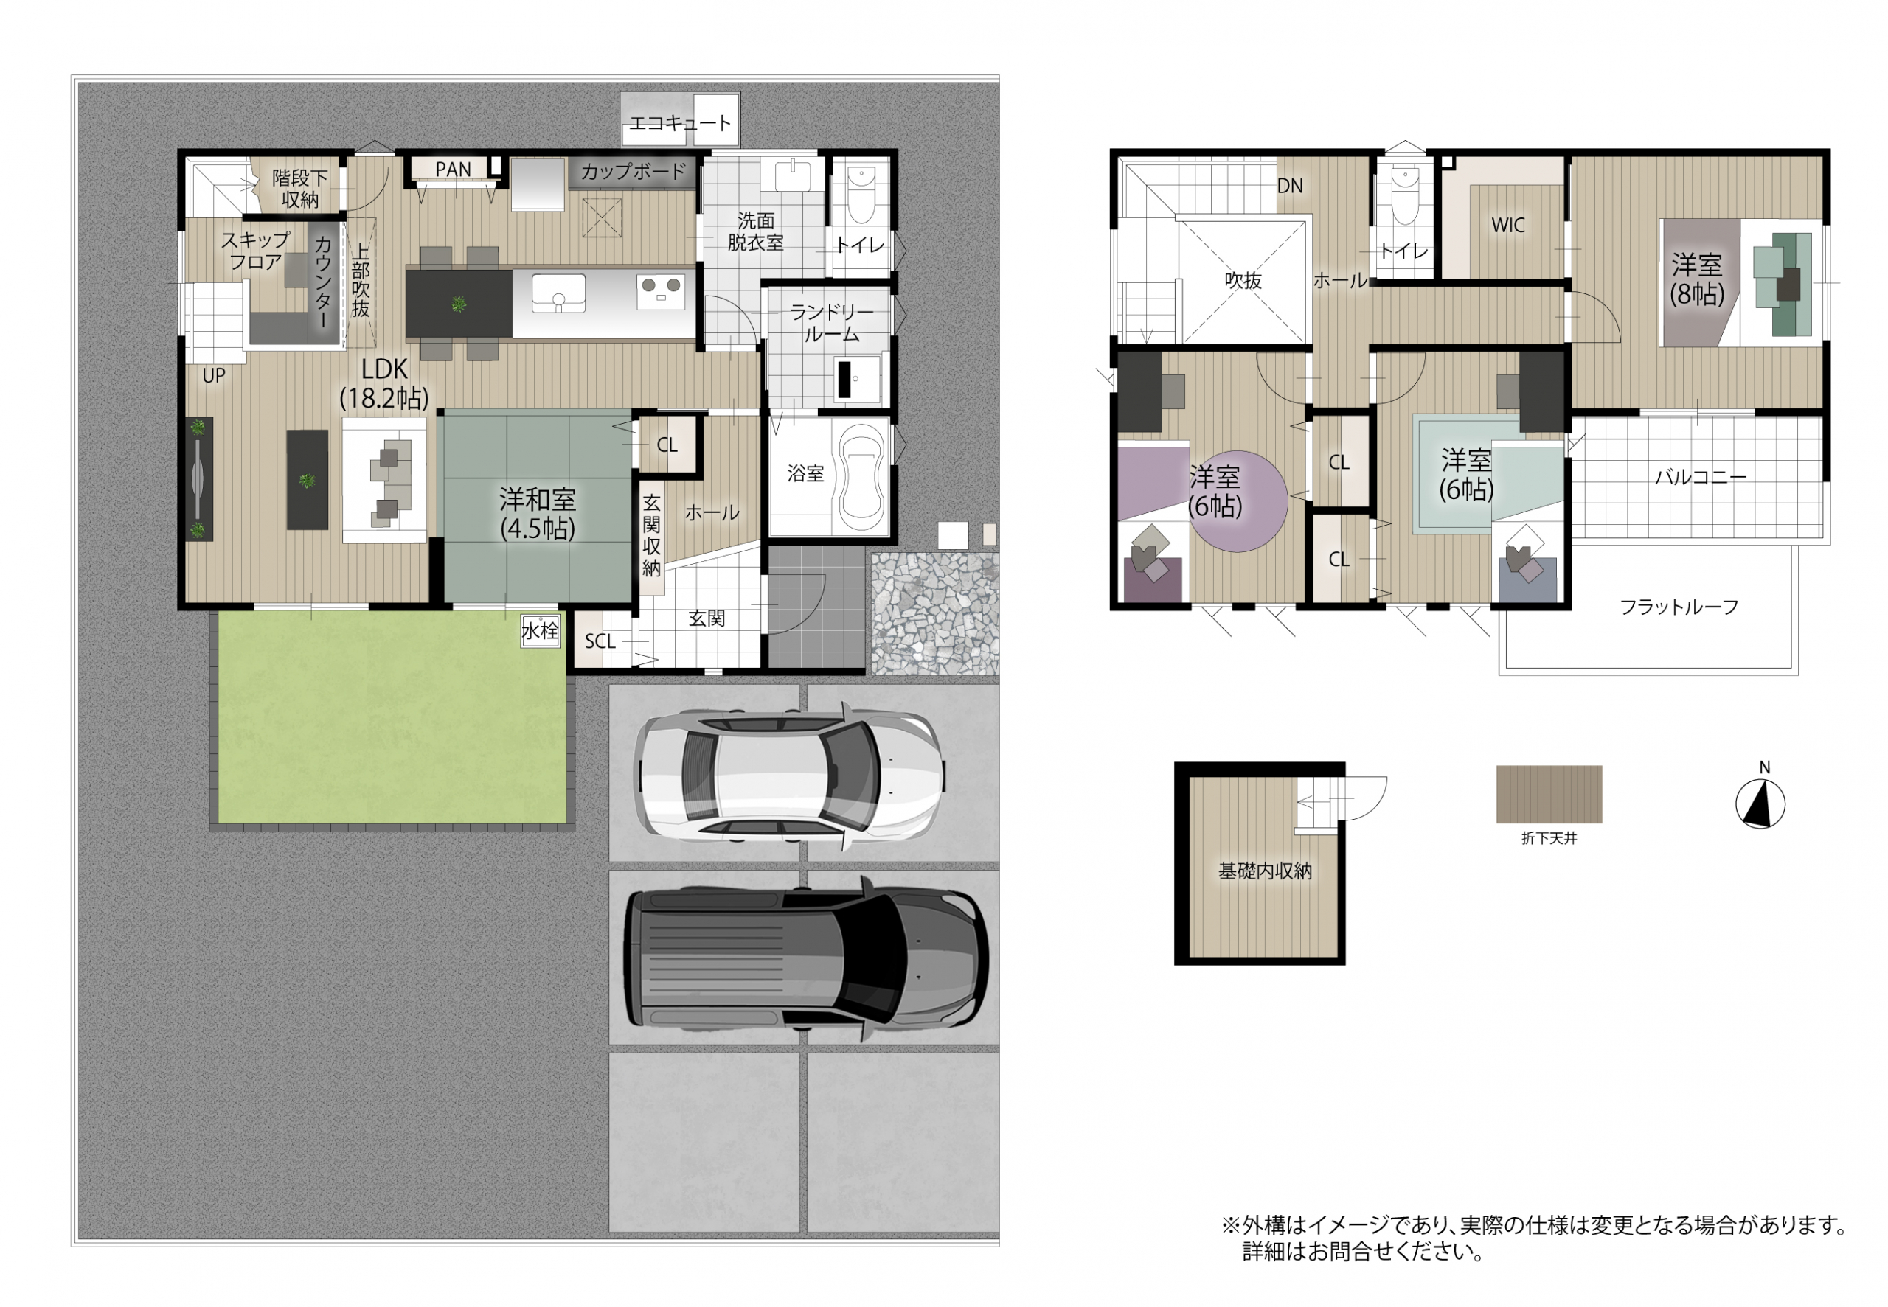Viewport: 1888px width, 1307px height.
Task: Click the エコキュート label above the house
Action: point(679,123)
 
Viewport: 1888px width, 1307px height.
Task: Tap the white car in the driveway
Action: point(791,774)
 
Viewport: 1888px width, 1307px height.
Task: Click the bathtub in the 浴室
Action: point(861,474)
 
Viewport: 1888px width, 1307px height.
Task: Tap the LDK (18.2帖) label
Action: point(384,383)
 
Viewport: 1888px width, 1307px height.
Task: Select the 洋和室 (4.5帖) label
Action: point(538,514)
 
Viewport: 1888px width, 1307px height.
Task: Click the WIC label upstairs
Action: point(1508,225)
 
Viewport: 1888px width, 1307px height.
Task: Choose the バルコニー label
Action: point(1701,477)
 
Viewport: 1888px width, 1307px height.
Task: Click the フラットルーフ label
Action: point(1679,607)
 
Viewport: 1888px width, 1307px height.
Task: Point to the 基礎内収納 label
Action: point(1265,871)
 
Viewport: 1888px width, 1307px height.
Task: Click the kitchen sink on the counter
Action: point(558,293)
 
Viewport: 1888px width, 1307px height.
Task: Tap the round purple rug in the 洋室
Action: point(1238,501)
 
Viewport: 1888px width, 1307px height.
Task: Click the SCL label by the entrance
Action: point(600,641)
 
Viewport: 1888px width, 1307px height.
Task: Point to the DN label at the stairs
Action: point(1289,186)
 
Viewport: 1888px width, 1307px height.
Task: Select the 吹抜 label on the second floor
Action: point(1243,280)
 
